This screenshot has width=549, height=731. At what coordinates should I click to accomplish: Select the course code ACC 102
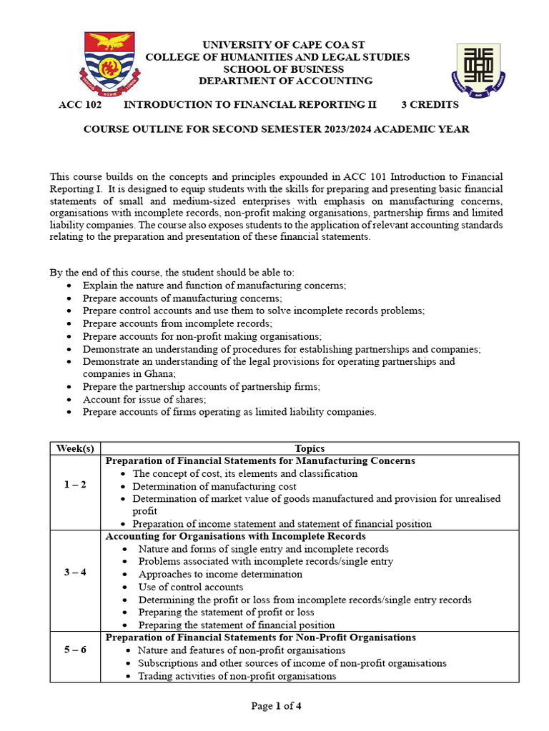pyautogui.click(x=79, y=105)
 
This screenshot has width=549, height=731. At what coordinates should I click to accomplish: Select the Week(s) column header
pyautogui.click(x=75, y=448)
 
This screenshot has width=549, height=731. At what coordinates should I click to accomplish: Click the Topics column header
pyautogui.click(x=309, y=448)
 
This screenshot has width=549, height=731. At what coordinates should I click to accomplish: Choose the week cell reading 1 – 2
pyautogui.click(x=75, y=485)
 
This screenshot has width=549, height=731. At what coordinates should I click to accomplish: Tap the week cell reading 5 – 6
pyautogui.click(x=75, y=650)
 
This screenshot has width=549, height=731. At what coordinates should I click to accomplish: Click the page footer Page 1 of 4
pyautogui.click(x=276, y=706)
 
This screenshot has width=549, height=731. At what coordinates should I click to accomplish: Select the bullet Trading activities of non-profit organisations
pyautogui.click(x=237, y=675)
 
